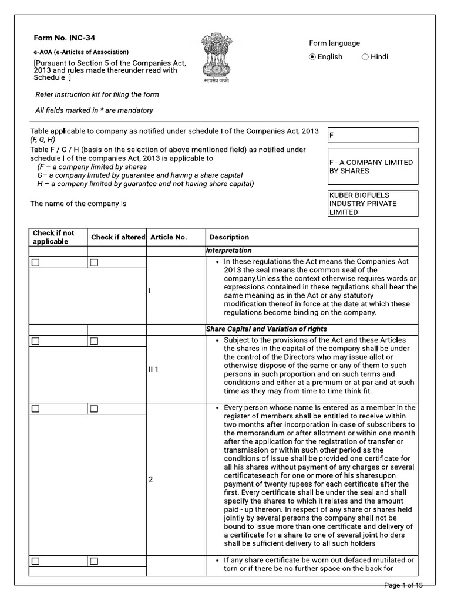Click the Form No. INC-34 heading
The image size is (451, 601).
[64, 38]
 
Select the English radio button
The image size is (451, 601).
[313, 57]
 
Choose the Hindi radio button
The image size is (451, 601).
[365, 57]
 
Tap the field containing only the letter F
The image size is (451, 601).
[373, 135]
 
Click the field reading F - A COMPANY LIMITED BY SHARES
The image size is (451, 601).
[373, 167]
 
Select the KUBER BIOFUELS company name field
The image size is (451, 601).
[373, 204]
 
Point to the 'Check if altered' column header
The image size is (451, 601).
[117, 237]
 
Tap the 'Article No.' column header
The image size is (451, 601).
[169, 237]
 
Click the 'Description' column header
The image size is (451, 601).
[229, 237]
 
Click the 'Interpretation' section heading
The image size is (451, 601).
[228, 251]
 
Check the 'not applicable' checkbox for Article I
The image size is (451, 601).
[35, 262]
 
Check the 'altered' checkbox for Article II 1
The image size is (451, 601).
[94, 341]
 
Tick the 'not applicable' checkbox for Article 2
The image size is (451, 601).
[35, 408]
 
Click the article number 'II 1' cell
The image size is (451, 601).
[154, 369]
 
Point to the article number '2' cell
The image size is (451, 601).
[151, 479]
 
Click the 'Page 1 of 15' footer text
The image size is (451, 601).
[403, 585]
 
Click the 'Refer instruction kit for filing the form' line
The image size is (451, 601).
[97, 94]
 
